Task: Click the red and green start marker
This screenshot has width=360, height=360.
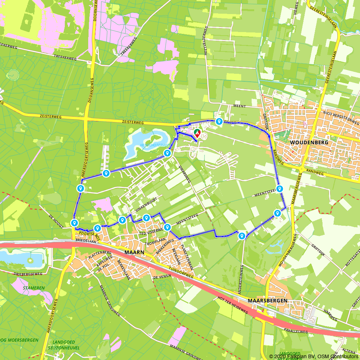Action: point(197,133)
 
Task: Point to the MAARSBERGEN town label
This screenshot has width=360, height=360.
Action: point(267,300)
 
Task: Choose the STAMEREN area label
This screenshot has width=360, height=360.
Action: point(33,288)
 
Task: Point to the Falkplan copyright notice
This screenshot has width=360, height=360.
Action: point(314,356)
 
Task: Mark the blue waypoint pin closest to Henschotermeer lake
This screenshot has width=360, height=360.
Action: point(167,153)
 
